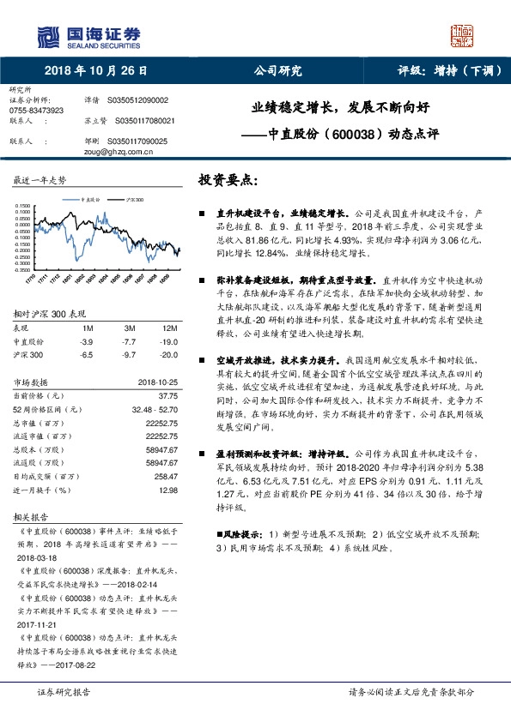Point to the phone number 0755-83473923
coord(35,111)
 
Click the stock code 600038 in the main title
coord(350,135)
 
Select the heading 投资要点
coord(228,182)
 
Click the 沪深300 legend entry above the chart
coord(134,198)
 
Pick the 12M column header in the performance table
coord(169,328)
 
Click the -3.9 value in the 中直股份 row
coord(86,340)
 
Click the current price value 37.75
coord(168,396)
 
